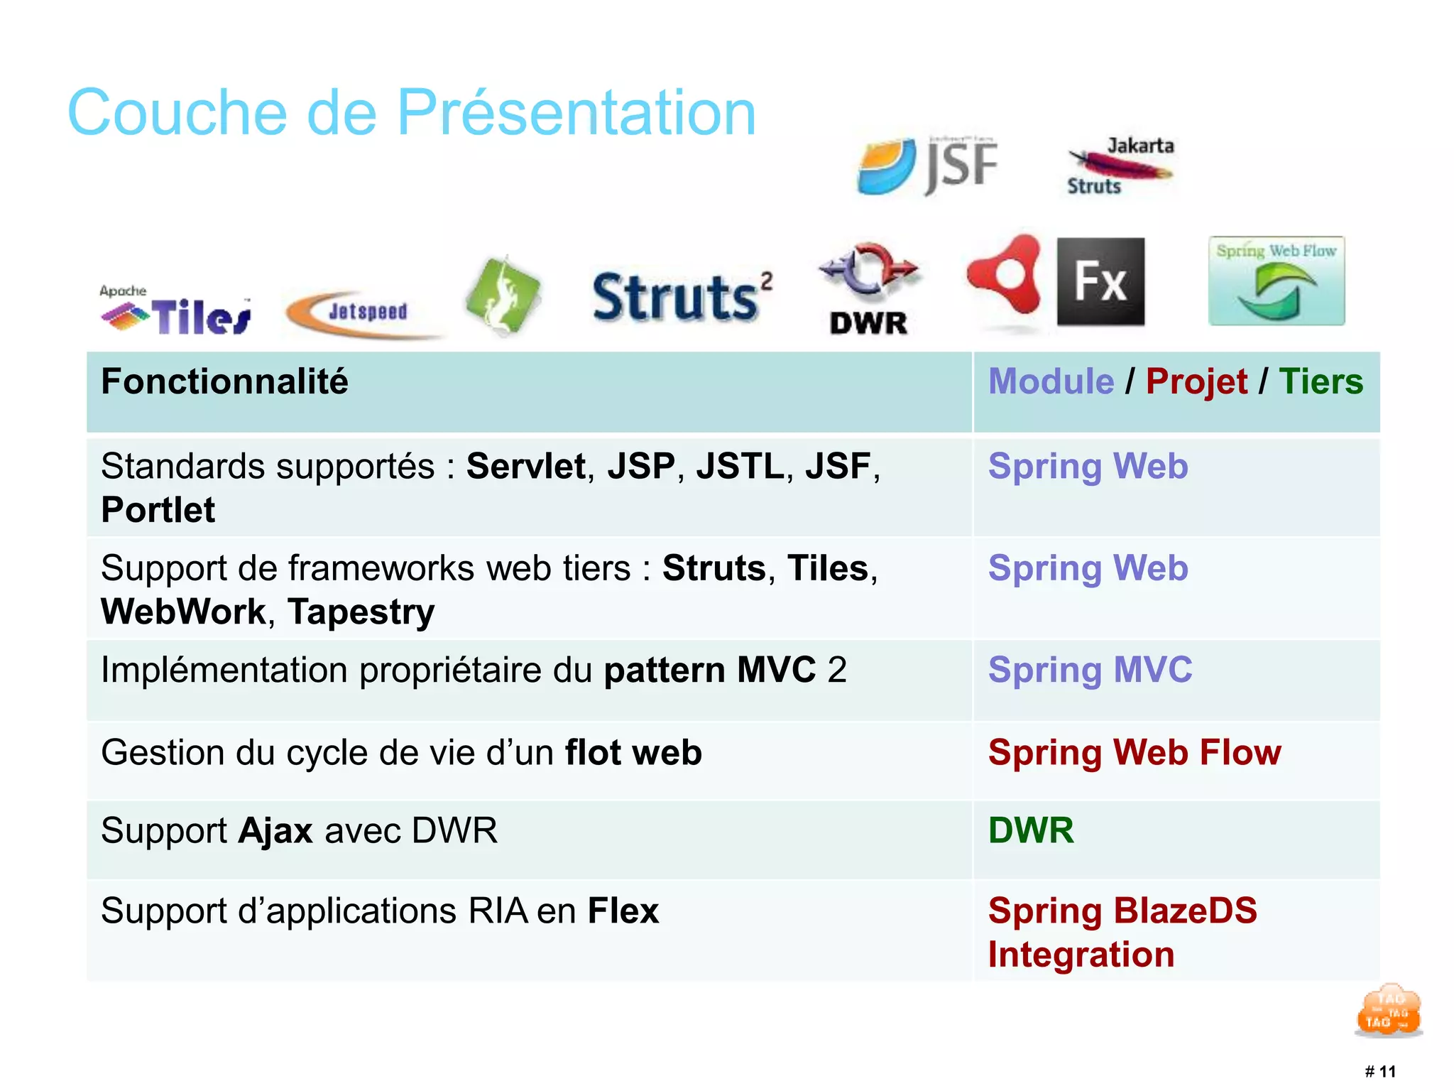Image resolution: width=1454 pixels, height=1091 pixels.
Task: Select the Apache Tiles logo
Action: point(175,311)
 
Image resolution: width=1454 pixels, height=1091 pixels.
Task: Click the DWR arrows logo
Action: point(869,288)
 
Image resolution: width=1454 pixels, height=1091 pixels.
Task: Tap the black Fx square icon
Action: point(1100,282)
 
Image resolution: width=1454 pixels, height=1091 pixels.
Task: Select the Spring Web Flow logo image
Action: point(1277,281)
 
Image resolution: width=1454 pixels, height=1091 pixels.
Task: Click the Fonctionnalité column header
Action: point(224,382)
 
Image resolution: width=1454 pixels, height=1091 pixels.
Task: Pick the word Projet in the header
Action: point(1196,382)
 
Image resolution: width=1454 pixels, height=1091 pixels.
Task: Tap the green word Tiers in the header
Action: point(1321,382)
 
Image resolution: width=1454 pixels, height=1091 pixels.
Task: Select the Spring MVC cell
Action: point(1090,670)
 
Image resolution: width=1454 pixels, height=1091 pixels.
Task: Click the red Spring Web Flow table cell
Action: point(1135,752)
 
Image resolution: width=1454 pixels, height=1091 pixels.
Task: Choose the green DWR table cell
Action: point(1031,830)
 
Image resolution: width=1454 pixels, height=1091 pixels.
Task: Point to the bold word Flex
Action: point(623,911)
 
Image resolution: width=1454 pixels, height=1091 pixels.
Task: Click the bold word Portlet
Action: point(158,510)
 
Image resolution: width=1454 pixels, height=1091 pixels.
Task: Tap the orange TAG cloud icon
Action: point(1389,1011)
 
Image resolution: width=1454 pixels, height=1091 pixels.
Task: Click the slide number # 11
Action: point(1380,1071)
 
